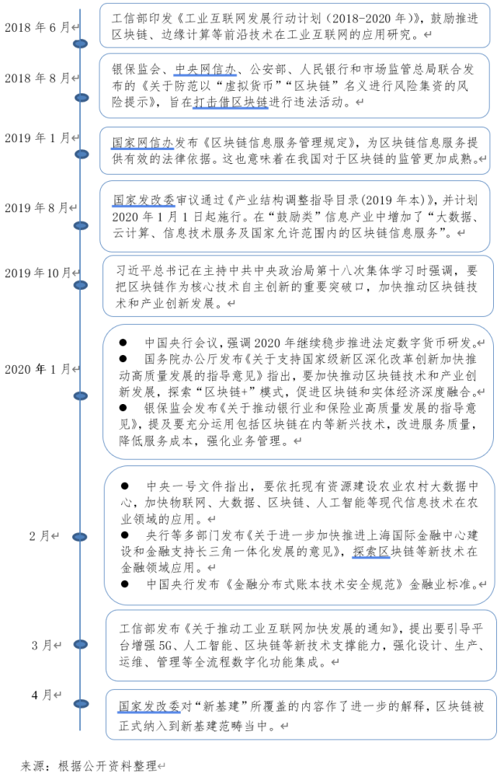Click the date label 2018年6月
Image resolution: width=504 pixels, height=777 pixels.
click(x=37, y=27)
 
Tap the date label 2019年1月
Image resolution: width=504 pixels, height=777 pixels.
click(x=37, y=138)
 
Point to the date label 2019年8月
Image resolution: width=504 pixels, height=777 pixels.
click(x=37, y=207)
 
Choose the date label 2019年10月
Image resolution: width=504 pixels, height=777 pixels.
click(x=37, y=273)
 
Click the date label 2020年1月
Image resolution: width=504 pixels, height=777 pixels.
click(x=37, y=369)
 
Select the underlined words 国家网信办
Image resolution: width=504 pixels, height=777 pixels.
click(x=142, y=143)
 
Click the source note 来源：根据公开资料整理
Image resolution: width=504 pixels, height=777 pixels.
click(x=89, y=765)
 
